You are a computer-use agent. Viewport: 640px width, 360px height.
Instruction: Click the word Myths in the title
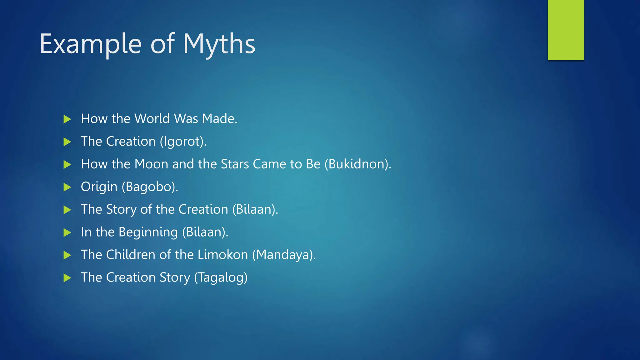tap(219, 44)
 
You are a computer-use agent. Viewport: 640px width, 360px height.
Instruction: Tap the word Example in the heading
tap(91, 44)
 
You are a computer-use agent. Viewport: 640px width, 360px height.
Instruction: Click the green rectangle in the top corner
tap(566, 30)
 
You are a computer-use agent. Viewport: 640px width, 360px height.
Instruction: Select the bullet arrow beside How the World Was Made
tap(67, 119)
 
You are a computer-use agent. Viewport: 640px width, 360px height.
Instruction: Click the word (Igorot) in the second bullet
tap(183, 142)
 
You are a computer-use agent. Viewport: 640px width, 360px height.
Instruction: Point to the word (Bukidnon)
tap(357, 164)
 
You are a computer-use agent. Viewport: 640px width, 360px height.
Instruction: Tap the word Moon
tap(151, 164)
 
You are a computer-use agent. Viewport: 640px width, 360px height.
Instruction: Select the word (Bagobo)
tap(150, 187)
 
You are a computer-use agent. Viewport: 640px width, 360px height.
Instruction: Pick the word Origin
tap(99, 187)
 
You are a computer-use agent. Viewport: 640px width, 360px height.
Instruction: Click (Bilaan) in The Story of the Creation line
tap(255, 210)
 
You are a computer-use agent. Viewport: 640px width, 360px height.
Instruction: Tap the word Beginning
tap(148, 232)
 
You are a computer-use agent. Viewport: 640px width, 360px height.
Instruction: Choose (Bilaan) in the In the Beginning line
tap(205, 232)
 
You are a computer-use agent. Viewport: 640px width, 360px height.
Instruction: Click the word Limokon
tap(223, 255)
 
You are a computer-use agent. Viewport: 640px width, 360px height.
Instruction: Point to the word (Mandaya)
tap(284, 255)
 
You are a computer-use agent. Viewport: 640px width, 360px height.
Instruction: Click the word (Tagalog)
tap(221, 278)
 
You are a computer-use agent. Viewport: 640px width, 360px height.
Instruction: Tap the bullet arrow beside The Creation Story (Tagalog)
tap(67, 278)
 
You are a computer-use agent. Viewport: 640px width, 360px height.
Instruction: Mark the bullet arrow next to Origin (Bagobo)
tap(67, 187)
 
